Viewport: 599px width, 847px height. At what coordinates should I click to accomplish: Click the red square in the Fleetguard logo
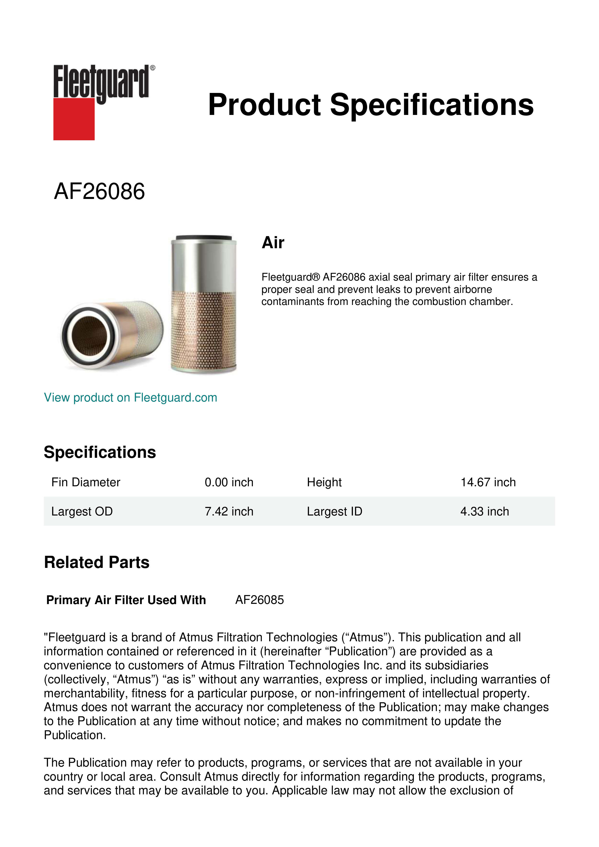tap(74, 119)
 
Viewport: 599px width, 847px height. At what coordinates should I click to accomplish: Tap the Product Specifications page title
tap(371, 105)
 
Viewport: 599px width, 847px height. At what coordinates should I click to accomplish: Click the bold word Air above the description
tap(273, 243)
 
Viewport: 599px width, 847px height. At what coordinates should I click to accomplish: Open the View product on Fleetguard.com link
tap(130, 398)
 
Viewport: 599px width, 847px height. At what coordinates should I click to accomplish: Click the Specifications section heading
tap(99, 452)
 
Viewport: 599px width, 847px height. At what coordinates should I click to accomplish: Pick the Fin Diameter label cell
tap(85, 482)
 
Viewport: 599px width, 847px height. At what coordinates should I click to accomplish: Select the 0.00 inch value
tap(229, 482)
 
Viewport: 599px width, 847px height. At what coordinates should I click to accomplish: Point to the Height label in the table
tap(324, 482)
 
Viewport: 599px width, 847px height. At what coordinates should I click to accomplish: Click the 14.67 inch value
tap(488, 482)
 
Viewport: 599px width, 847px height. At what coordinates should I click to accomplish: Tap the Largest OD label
tap(82, 511)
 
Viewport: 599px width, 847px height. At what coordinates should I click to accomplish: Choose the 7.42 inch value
tap(229, 511)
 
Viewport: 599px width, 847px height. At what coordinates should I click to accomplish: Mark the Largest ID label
tap(335, 511)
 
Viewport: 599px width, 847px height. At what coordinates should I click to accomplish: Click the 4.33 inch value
tap(484, 511)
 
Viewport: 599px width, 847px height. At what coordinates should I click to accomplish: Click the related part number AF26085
tap(259, 600)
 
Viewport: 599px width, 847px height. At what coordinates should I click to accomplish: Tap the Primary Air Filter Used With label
tap(126, 600)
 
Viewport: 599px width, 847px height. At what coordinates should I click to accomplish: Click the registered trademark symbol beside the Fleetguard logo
tap(153, 68)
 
